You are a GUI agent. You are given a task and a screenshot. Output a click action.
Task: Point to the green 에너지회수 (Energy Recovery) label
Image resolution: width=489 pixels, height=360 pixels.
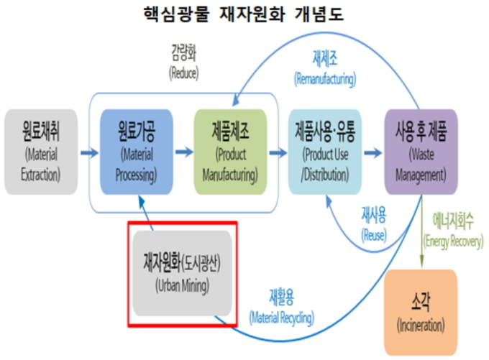453,231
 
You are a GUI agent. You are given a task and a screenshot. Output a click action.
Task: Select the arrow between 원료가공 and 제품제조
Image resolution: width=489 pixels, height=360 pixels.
183,153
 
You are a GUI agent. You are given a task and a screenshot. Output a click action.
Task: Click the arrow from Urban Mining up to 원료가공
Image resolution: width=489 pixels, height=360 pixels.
147,213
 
